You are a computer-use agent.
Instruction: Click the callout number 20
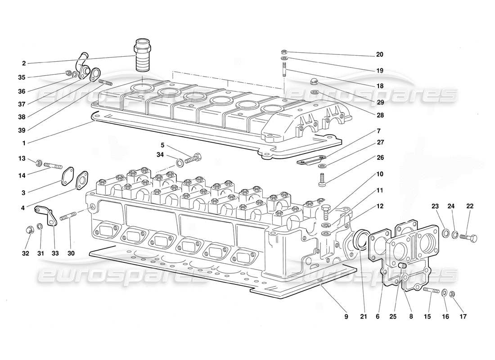379,54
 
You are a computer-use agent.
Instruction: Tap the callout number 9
346,317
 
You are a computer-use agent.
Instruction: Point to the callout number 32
25,253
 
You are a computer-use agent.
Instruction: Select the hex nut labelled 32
28,230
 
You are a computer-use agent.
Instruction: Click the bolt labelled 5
194,158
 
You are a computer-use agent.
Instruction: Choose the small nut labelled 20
284,52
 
